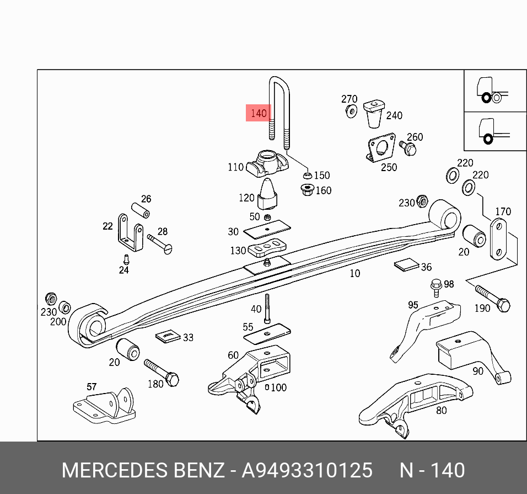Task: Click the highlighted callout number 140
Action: coord(258,114)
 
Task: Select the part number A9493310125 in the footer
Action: coord(308,471)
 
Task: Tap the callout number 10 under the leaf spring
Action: coord(355,273)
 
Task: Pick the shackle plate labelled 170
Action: coord(498,238)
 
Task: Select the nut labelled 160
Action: coord(308,190)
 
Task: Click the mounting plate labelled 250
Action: coord(381,147)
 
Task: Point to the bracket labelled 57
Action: coord(105,406)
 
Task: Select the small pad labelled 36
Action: coord(407,265)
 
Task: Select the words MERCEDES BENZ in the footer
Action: coord(143,471)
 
